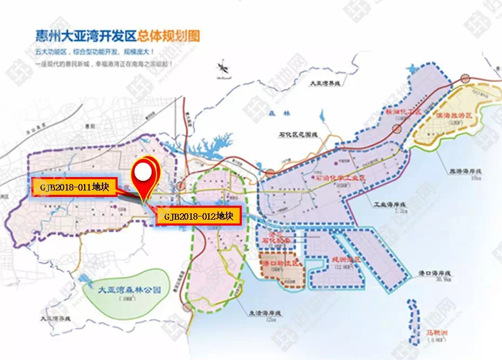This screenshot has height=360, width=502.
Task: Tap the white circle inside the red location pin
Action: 142,172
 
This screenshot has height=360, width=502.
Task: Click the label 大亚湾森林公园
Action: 130,289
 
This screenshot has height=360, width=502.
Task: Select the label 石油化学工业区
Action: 341,178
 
